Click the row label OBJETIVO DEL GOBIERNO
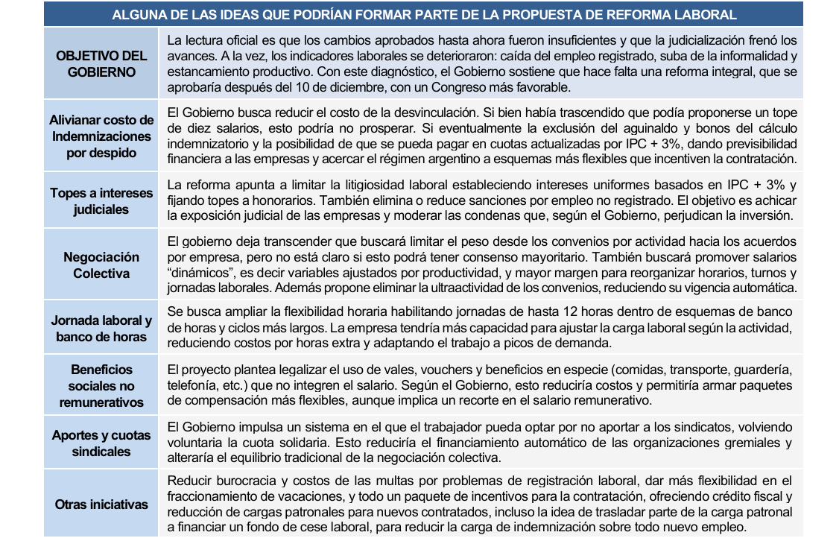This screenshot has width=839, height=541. [101, 63]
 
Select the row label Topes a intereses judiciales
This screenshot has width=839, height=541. [101, 201]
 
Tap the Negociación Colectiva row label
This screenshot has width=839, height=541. [101, 265]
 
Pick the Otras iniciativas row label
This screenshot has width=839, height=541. [101, 504]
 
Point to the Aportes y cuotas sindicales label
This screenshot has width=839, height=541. [101, 443]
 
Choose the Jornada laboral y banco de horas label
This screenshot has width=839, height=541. [101, 329]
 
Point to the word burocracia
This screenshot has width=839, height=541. [241, 481]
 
